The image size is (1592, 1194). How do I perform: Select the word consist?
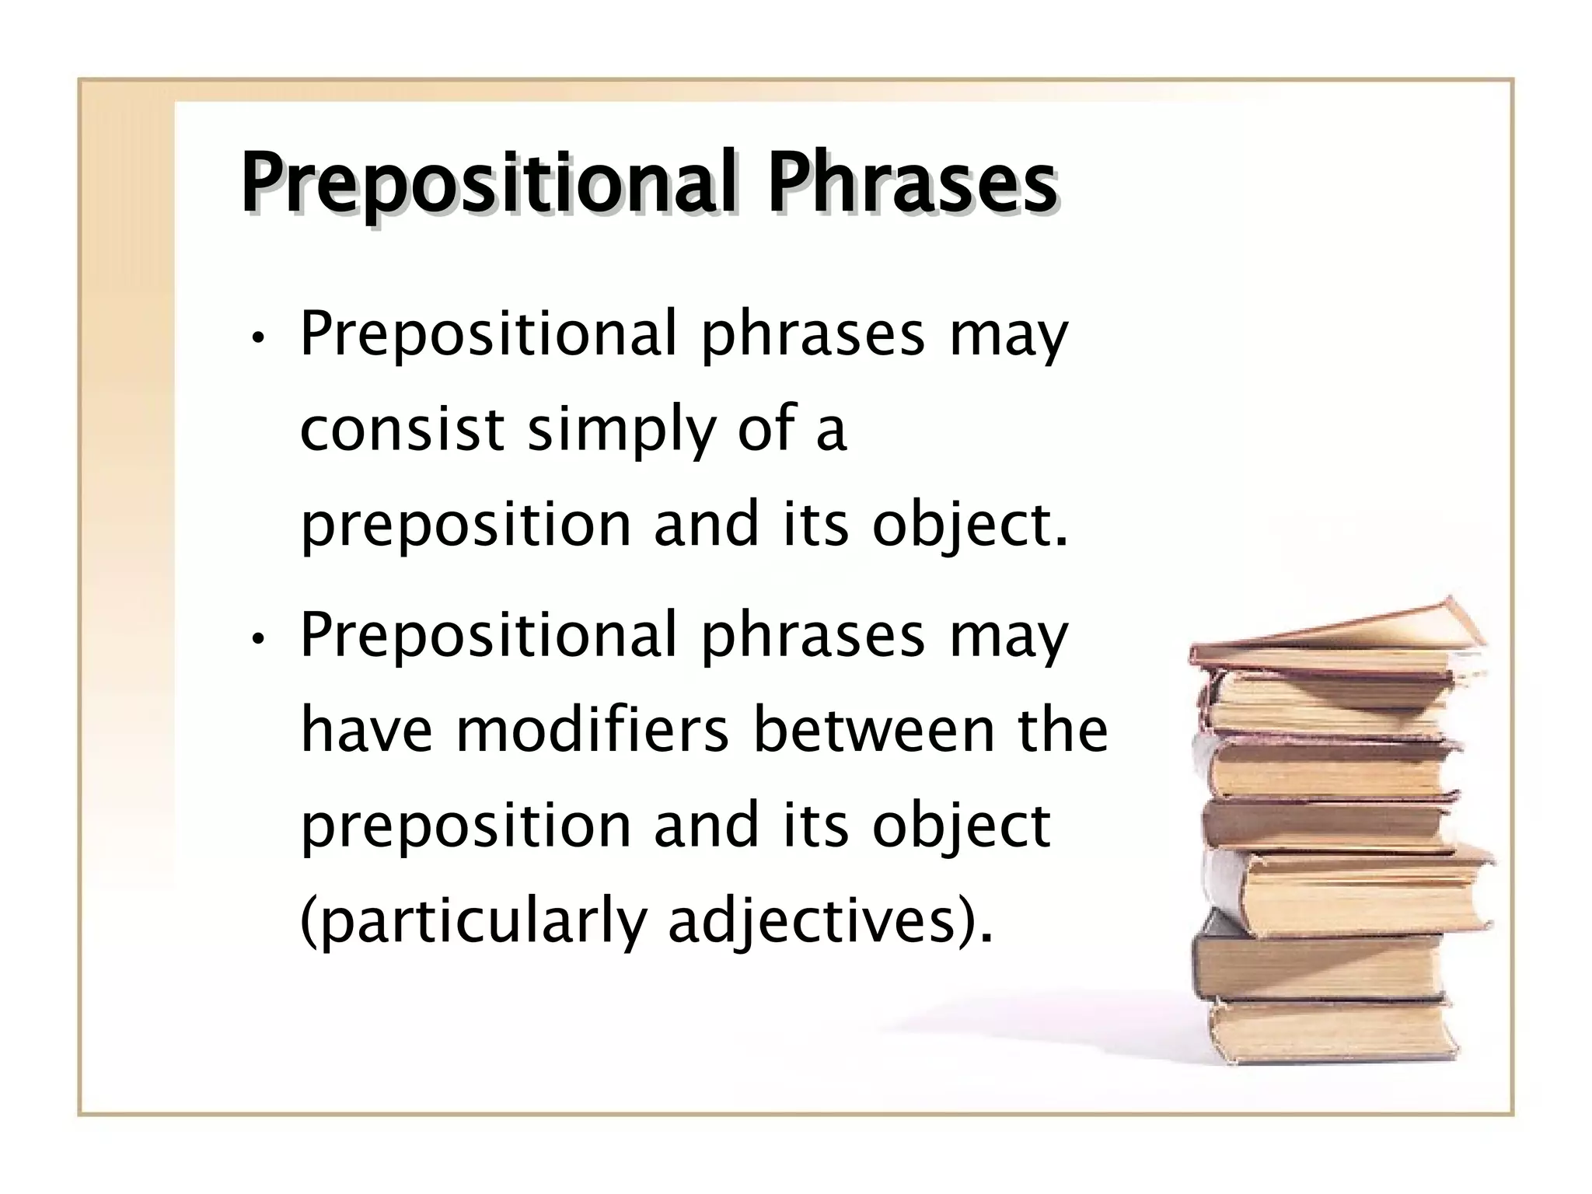point(402,430)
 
